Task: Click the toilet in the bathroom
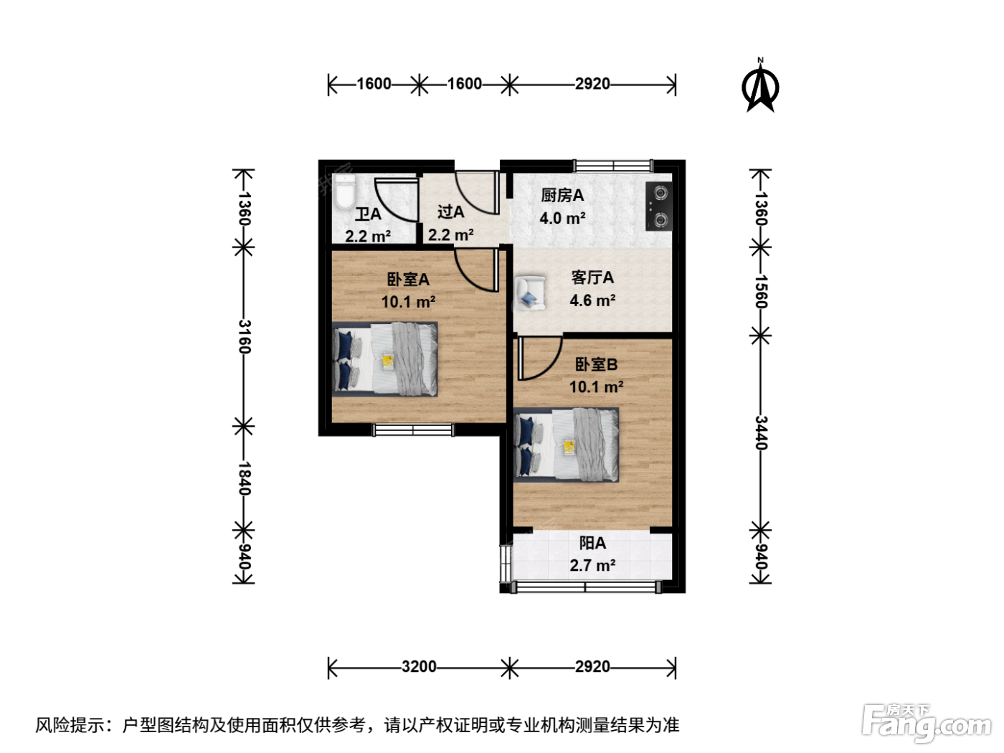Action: pos(344,191)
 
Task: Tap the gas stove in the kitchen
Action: pos(658,207)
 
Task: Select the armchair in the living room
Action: pos(531,293)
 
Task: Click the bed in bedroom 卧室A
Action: pos(384,359)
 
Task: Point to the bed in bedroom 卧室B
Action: pos(567,445)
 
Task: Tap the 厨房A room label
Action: pos(562,196)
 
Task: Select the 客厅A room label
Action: pos(592,278)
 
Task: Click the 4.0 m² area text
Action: pos(562,218)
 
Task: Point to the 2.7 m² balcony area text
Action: pos(592,566)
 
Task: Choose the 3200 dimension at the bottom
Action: pos(419,667)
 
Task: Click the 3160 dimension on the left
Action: pos(245,337)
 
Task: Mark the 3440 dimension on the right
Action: pos(760,433)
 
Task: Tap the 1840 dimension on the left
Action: pos(245,478)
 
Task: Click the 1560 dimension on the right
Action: pos(760,292)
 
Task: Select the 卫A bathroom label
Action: pos(368,214)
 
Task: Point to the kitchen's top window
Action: pos(613,165)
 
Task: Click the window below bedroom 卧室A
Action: pos(414,430)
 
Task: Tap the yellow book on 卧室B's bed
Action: pos(569,447)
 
